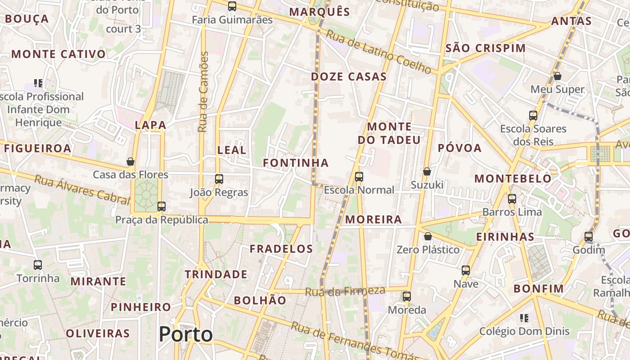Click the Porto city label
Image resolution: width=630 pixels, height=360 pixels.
(x=185, y=334)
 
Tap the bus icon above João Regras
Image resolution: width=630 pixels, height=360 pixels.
(x=219, y=179)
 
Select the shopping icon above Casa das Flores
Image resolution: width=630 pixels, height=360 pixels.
(x=130, y=162)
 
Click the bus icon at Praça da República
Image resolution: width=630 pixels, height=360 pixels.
(x=161, y=207)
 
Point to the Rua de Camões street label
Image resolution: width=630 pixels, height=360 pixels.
(x=204, y=92)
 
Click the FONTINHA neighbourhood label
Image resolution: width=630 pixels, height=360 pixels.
(x=296, y=163)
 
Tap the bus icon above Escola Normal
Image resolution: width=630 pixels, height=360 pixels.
(x=359, y=177)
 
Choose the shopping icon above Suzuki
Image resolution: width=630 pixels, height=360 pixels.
(x=427, y=171)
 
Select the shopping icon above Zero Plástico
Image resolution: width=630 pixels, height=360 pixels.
(x=428, y=236)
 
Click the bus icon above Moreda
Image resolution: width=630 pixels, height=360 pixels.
(x=407, y=297)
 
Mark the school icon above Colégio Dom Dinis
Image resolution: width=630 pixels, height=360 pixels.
(x=524, y=318)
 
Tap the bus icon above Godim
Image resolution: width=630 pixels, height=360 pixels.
(x=589, y=236)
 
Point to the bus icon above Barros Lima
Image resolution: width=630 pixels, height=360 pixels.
(x=512, y=198)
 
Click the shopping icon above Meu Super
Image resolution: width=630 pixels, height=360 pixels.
(x=557, y=76)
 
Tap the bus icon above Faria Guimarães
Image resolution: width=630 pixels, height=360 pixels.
(x=232, y=6)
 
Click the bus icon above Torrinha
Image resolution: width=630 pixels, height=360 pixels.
(x=38, y=265)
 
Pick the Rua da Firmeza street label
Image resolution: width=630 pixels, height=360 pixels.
(x=345, y=292)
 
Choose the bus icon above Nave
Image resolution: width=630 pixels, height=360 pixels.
(x=466, y=270)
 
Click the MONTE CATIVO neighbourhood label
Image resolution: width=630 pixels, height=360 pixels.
(x=58, y=54)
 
